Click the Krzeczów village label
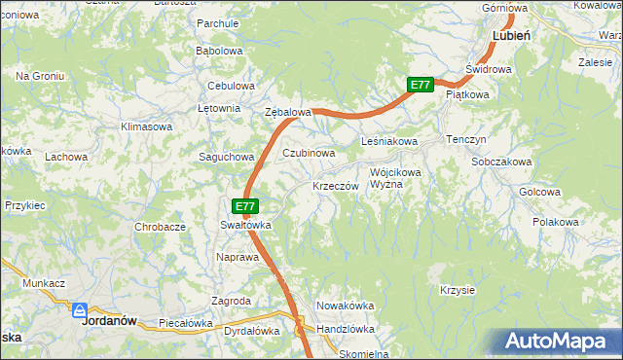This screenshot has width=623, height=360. point(337,186)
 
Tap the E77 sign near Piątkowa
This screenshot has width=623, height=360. point(420,86)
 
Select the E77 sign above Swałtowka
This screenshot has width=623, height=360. point(245,206)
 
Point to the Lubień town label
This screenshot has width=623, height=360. point(511,34)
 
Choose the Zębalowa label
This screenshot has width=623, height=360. point(288,113)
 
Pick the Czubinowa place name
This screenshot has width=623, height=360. point(309,154)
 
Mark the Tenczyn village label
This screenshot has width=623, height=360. point(465,140)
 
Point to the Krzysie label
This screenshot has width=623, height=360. point(457,290)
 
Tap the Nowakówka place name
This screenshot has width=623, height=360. point(346,306)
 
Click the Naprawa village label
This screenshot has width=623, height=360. point(236,257)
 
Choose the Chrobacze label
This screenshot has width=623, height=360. point(160,227)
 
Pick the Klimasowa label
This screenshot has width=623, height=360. point(146,126)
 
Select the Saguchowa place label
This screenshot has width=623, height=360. point(226,157)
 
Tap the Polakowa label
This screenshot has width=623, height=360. point(556,222)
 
